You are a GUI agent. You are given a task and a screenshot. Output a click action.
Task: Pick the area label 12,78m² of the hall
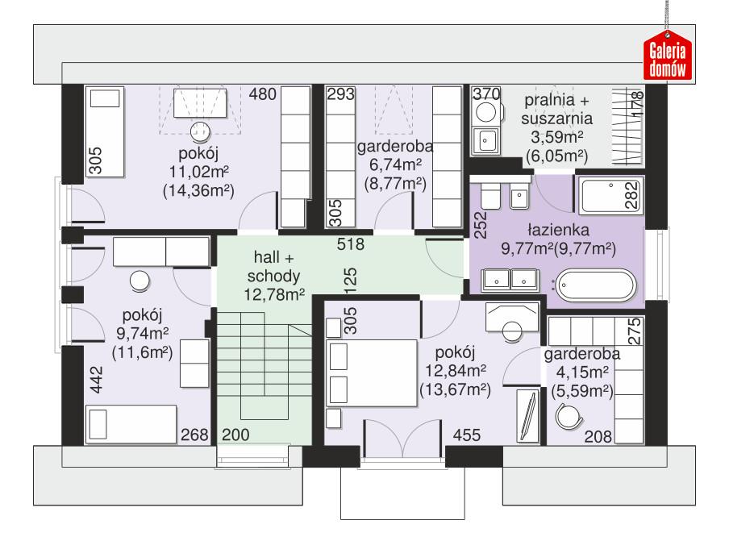tap(273, 295)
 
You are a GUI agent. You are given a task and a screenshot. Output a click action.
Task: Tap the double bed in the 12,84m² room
tap(370, 372)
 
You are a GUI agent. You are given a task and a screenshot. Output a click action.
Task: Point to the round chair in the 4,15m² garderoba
tap(569, 416)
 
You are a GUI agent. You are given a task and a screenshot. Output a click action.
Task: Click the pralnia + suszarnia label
tap(556, 110)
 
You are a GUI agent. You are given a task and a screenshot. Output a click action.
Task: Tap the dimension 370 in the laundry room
tap(485, 94)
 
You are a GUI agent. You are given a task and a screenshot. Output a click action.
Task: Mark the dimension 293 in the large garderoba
tap(341, 94)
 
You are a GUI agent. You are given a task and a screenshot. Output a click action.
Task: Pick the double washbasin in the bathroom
tap(511, 281)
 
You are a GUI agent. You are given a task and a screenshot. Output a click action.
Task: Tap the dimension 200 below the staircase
tap(236, 435)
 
